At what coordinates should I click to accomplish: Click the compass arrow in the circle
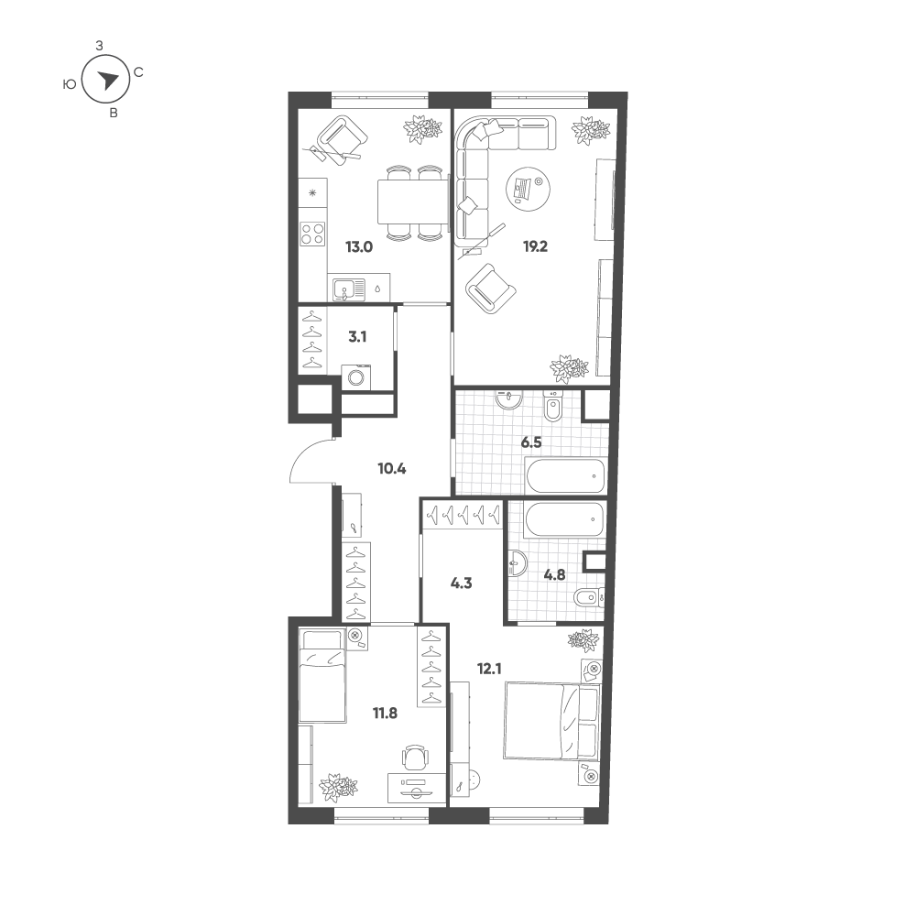[x=107, y=80]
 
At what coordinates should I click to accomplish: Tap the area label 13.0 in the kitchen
[x=359, y=246]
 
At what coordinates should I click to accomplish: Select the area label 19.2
[x=535, y=246]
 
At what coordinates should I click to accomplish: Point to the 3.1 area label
[x=357, y=337]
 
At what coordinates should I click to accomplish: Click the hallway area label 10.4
[x=392, y=468]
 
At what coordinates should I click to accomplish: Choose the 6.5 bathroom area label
[x=531, y=442]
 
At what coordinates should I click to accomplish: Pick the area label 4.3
[x=462, y=583]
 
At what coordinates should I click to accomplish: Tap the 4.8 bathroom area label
[x=554, y=575]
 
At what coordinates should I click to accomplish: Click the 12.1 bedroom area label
[x=489, y=669]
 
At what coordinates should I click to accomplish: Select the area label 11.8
[x=385, y=713]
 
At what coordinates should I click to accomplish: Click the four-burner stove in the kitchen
[x=312, y=234]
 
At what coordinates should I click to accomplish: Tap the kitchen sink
[x=349, y=289]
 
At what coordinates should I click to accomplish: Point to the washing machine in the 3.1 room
[x=355, y=376]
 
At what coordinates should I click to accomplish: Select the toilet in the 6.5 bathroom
[x=552, y=406]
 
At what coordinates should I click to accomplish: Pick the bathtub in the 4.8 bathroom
[x=563, y=520]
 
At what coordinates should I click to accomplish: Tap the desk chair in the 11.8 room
[x=414, y=758]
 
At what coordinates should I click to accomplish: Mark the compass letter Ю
[x=70, y=84]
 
